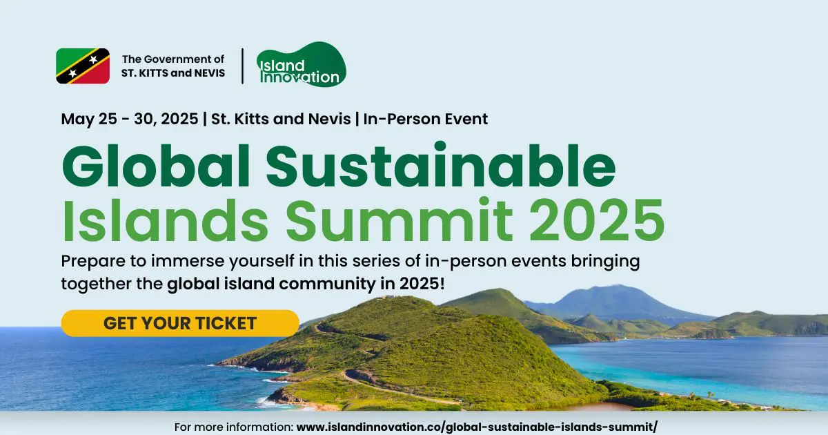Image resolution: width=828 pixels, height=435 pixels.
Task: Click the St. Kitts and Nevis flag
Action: coord(83,66)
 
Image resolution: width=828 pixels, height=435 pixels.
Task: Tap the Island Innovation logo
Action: coord(302,65)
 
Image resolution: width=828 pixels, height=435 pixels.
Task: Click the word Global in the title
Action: coord(156,166)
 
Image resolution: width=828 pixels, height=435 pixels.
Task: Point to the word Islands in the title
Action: coord(165,220)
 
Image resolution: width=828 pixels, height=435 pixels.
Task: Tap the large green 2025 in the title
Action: coord(597,220)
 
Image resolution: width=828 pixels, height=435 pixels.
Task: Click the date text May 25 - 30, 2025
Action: coord(130,119)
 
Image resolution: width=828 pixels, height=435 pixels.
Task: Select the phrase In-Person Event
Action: coord(426,119)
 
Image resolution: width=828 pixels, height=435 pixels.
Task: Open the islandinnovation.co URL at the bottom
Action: coord(477,427)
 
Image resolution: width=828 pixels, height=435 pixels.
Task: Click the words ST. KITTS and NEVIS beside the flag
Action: coord(173,73)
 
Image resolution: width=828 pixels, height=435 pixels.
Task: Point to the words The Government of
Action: coord(173,59)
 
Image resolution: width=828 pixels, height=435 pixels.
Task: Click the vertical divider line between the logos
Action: coord(242,66)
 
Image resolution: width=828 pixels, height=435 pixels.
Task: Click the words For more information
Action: coord(234,427)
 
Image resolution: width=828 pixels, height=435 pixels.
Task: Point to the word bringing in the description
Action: coord(606,262)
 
